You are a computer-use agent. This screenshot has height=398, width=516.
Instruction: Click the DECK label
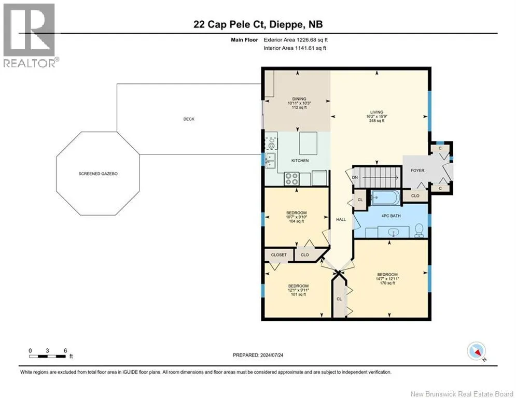(x=189, y=119)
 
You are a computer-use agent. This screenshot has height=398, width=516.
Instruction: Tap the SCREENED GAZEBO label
(x=98, y=174)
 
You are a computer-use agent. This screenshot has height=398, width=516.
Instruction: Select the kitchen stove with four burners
(x=291, y=179)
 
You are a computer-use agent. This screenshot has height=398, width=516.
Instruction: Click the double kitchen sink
(x=271, y=161)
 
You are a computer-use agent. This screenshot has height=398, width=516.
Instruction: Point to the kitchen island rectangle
(x=309, y=143)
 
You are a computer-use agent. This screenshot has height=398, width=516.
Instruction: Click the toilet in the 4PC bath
(x=419, y=230)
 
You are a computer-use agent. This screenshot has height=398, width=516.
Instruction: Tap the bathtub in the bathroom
(x=385, y=198)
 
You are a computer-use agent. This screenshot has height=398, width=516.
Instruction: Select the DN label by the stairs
(x=355, y=178)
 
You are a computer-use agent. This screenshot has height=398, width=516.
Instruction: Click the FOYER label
(x=417, y=170)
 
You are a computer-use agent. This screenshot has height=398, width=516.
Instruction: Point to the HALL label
(x=341, y=219)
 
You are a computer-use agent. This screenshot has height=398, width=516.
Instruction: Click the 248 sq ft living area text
(x=377, y=121)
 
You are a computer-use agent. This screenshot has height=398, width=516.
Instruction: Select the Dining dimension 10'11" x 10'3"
(x=299, y=103)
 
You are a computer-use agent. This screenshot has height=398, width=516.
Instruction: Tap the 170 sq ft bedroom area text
(x=387, y=283)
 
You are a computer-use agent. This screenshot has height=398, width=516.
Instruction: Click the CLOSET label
(x=278, y=254)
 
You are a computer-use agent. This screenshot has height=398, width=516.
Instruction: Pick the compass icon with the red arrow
(x=477, y=351)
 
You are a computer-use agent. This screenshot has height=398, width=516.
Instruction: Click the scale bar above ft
(x=47, y=356)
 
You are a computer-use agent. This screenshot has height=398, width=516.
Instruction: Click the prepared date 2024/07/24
(x=272, y=355)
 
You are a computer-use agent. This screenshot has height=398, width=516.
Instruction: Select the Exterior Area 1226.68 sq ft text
(x=296, y=40)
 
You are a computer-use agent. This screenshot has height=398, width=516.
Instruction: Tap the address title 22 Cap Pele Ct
(x=230, y=24)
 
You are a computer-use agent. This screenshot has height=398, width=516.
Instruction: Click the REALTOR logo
(x=31, y=36)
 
